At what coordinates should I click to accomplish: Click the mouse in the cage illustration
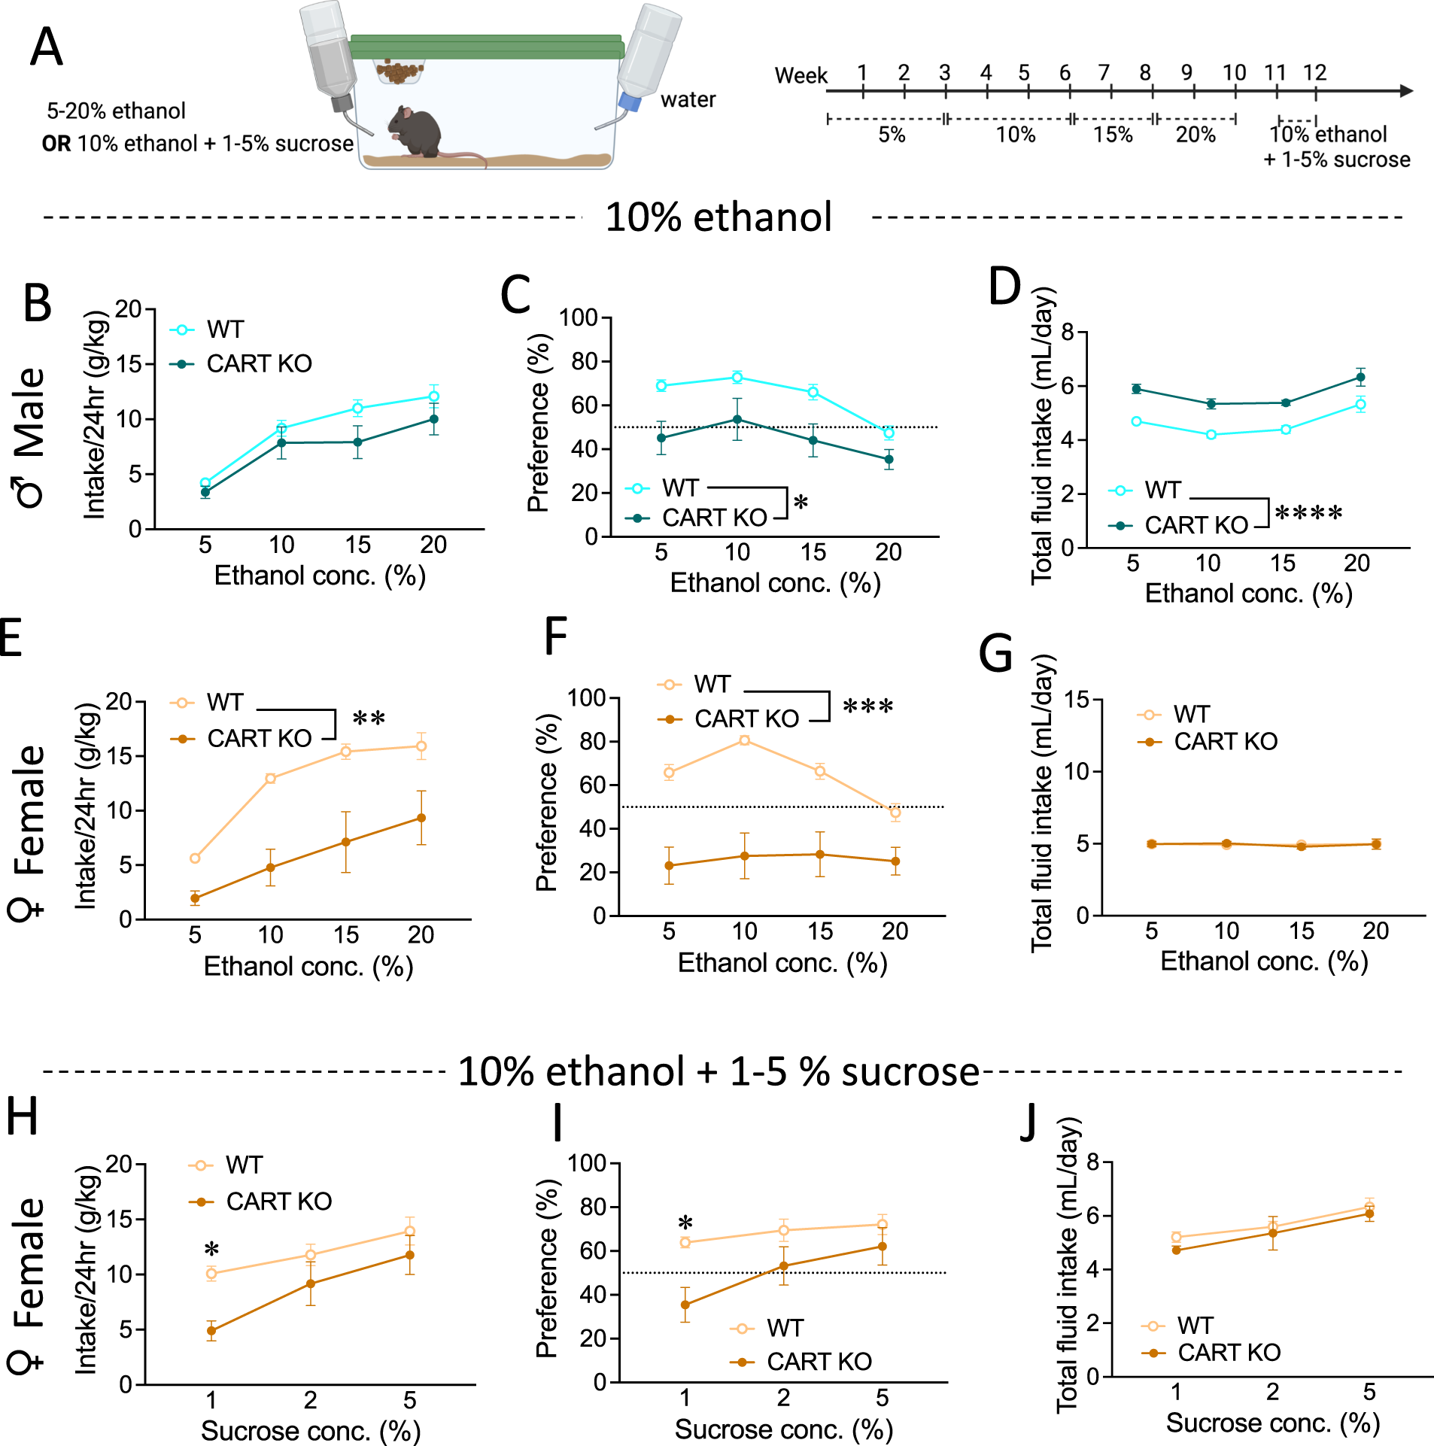click(x=415, y=132)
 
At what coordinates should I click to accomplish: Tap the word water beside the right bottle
click(x=688, y=100)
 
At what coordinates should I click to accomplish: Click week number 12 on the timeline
click(x=1314, y=73)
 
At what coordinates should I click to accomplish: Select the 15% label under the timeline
click(x=1113, y=135)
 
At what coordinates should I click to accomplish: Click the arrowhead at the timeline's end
click(x=1406, y=91)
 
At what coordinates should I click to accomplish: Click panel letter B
click(x=38, y=304)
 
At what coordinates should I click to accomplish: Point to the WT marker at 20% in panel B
click(x=433, y=396)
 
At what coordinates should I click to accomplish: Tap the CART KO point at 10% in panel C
click(x=737, y=420)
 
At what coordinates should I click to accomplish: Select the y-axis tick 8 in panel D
click(x=1068, y=332)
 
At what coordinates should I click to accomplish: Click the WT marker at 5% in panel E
click(x=195, y=858)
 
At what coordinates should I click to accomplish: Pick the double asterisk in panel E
click(x=369, y=719)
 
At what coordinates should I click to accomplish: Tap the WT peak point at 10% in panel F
click(x=744, y=740)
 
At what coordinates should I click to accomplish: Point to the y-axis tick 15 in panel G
click(x=1077, y=700)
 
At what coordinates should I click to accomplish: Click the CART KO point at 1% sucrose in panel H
click(x=211, y=1331)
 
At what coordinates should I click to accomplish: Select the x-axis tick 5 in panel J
click(x=1369, y=1392)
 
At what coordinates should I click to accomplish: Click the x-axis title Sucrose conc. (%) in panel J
click(x=1272, y=1423)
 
